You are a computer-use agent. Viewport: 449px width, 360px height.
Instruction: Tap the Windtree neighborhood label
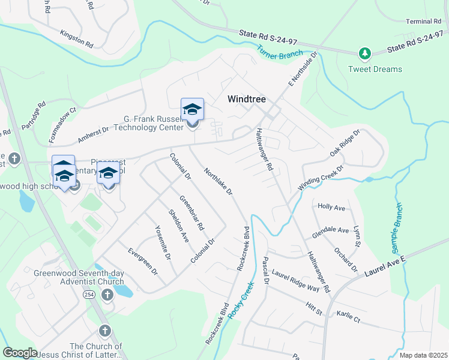point(246,100)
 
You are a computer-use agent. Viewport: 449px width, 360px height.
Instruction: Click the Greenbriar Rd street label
point(192,213)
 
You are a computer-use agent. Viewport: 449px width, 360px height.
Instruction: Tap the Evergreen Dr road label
point(139,262)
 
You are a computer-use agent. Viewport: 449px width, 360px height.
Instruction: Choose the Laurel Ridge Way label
point(295,280)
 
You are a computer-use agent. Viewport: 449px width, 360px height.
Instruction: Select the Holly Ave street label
point(331,207)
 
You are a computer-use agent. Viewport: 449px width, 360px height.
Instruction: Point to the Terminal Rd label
point(423,22)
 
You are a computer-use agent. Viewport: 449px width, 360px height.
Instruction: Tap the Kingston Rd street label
point(76,39)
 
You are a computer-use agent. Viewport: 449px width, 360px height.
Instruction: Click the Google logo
point(20,352)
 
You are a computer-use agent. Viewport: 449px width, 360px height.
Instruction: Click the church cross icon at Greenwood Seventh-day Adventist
point(107,295)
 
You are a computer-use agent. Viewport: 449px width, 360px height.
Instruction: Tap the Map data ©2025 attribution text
point(423,355)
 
